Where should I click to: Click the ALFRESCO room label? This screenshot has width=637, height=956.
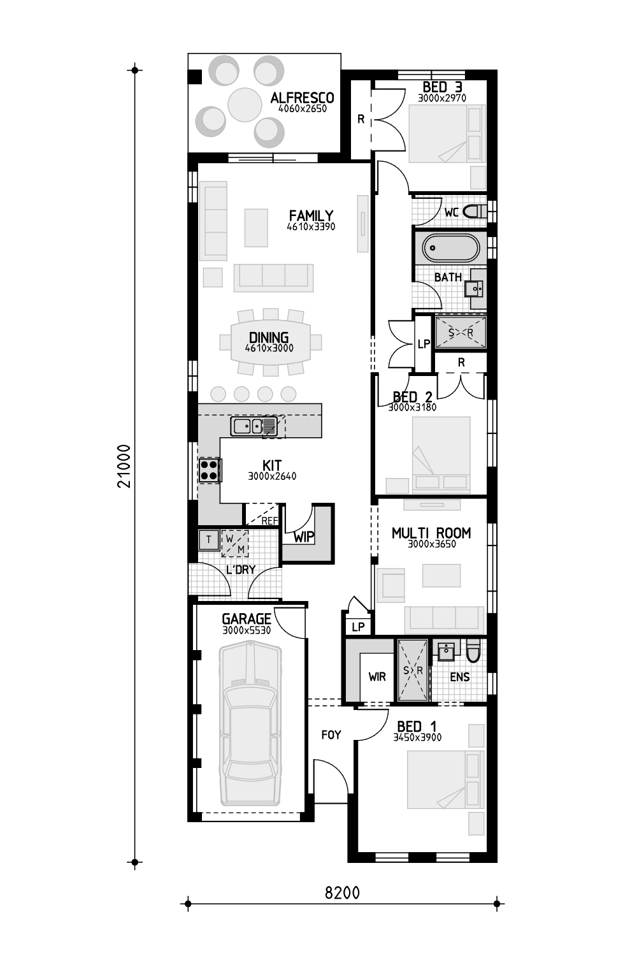coord(302,98)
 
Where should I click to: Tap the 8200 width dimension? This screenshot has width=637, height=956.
coord(342,892)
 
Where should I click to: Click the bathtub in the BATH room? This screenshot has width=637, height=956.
coord(451,247)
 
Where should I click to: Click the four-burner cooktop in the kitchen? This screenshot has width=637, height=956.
coord(210,470)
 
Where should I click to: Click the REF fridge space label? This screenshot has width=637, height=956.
coord(269,521)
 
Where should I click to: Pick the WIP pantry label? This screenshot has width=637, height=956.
coord(304,537)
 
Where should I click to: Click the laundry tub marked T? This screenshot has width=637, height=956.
coord(209,539)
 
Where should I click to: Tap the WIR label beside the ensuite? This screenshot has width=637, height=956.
coord(377,676)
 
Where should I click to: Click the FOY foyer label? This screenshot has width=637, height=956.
coord(331,734)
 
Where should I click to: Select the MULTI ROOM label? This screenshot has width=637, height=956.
coord(431,533)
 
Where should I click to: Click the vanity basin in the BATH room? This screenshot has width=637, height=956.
coord(474,289)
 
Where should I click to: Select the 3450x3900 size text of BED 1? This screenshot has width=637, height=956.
coord(417,737)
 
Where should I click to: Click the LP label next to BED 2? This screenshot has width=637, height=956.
coord(424,344)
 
